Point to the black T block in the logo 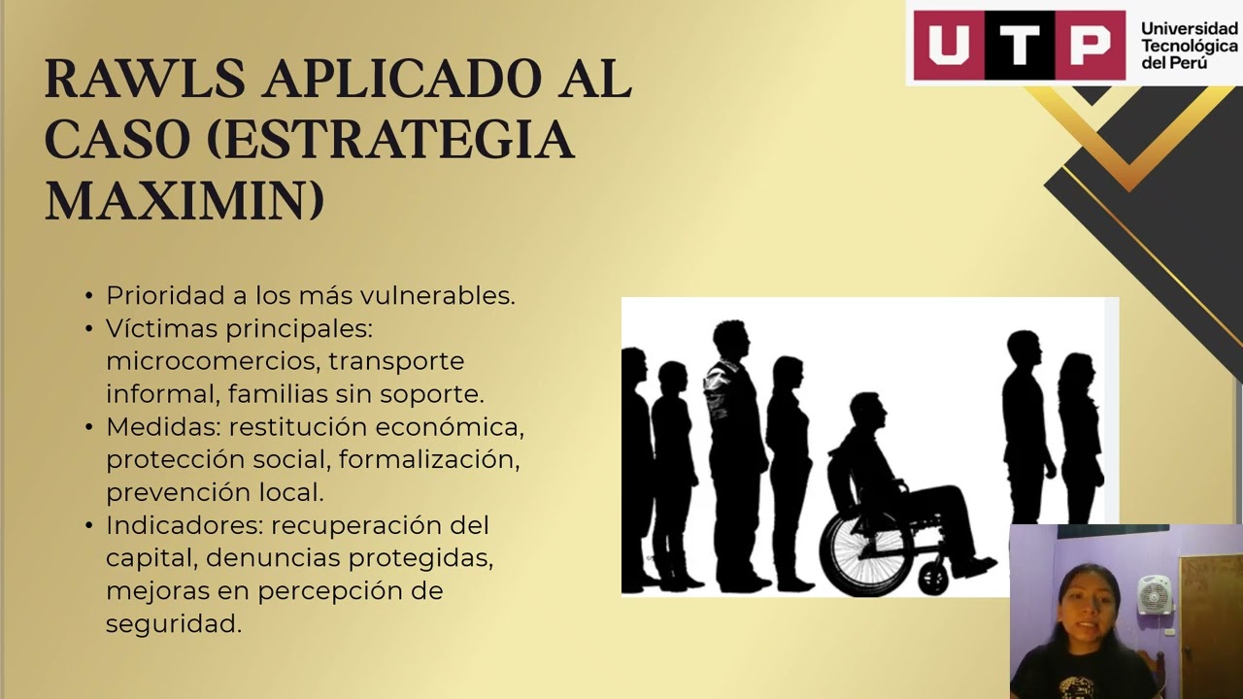[x=1019, y=45]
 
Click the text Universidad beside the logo [x=1190, y=29]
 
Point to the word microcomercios [x=212, y=361]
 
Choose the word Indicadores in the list [x=184, y=525]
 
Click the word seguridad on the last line [x=173, y=624]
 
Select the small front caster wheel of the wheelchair [x=933, y=580]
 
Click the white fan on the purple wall [x=1155, y=595]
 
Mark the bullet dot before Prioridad [x=90, y=296]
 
